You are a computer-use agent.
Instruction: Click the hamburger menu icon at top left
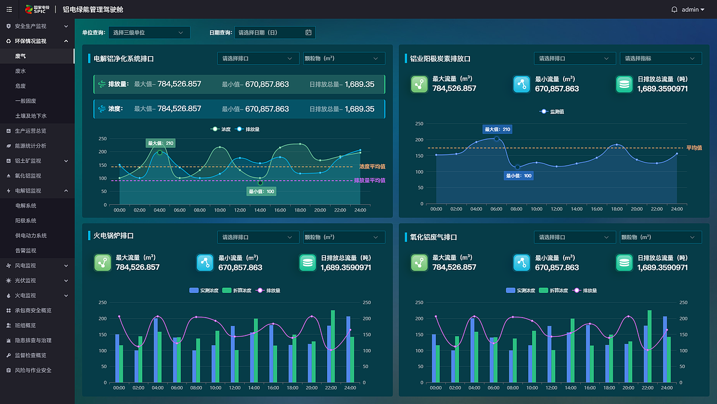click(10, 10)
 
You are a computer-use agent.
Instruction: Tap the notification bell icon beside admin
click(674, 10)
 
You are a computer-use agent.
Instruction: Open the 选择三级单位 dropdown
click(149, 33)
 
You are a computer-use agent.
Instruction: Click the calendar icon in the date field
click(308, 33)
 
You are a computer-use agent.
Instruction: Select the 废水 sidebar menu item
click(20, 71)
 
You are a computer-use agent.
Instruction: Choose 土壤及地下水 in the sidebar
click(31, 116)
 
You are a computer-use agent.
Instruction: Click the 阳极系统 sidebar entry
click(26, 221)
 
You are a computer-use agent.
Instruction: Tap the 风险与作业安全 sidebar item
click(33, 370)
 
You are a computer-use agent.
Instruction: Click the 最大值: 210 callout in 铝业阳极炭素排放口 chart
click(497, 129)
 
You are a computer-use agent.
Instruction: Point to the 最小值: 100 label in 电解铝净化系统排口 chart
click(261, 191)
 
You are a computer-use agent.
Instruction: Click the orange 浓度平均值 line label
click(373, 167)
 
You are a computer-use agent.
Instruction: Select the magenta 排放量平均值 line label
click(370, 181)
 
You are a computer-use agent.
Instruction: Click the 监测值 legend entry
click(552, 112)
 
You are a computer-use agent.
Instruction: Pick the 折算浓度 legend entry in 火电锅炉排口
click(237, 291)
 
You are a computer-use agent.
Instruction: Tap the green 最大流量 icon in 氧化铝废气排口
click(420, 263)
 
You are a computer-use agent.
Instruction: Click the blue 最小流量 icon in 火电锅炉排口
click(205, 263)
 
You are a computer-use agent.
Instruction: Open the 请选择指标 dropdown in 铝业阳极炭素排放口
click(660, 58)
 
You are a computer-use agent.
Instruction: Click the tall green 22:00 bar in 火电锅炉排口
click(333, 346)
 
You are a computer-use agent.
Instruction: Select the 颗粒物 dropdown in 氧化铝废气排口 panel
click(660, 237)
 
